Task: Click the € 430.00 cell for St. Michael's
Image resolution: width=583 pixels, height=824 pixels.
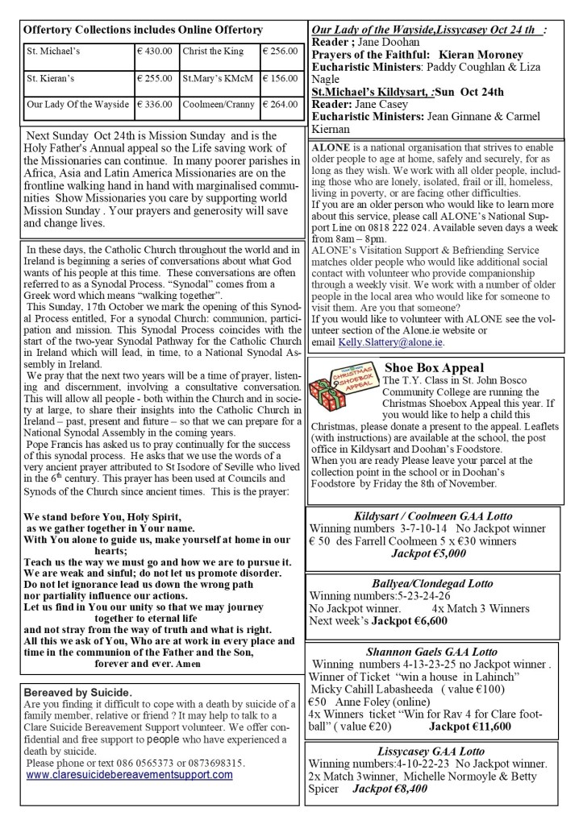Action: pos(156,51)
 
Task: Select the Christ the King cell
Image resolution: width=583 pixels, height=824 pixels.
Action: pos(213,51)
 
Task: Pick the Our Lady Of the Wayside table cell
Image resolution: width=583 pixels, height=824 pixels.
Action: pos(77,104)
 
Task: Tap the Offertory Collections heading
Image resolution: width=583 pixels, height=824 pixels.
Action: pos(143,30)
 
